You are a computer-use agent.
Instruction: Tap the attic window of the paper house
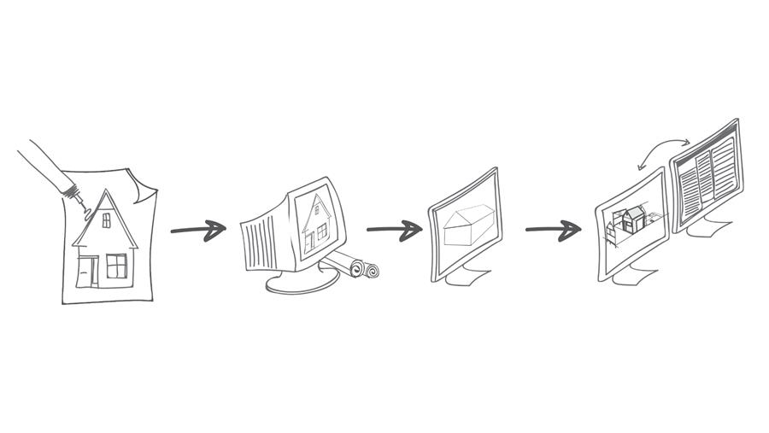(107, 221)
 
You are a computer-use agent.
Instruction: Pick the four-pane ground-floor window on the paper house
(116, 266)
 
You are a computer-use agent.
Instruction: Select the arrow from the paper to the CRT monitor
(198, 229)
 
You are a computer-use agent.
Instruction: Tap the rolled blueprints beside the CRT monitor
(356, 267)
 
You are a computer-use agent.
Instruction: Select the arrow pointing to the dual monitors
(553, 229)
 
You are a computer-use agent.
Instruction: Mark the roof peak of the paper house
(107, 191)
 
